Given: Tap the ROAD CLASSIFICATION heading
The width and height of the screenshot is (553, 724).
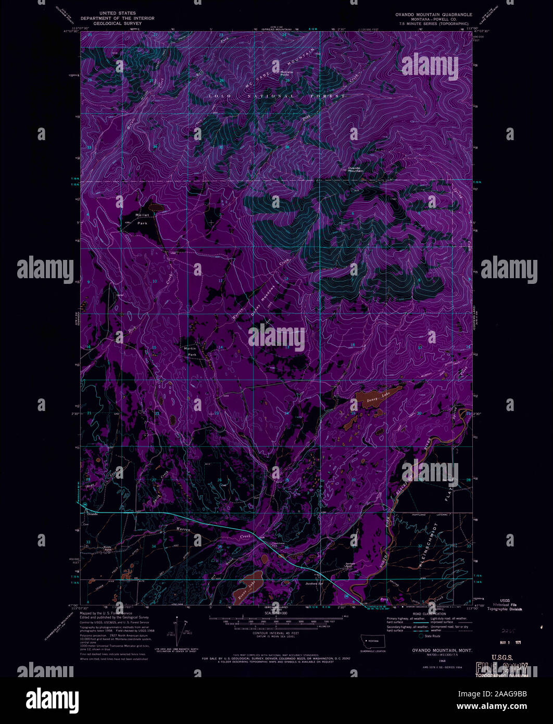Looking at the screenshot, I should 432,614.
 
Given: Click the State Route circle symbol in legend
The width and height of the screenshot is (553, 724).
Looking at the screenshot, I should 421,635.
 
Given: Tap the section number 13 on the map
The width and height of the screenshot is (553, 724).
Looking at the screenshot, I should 287,346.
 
